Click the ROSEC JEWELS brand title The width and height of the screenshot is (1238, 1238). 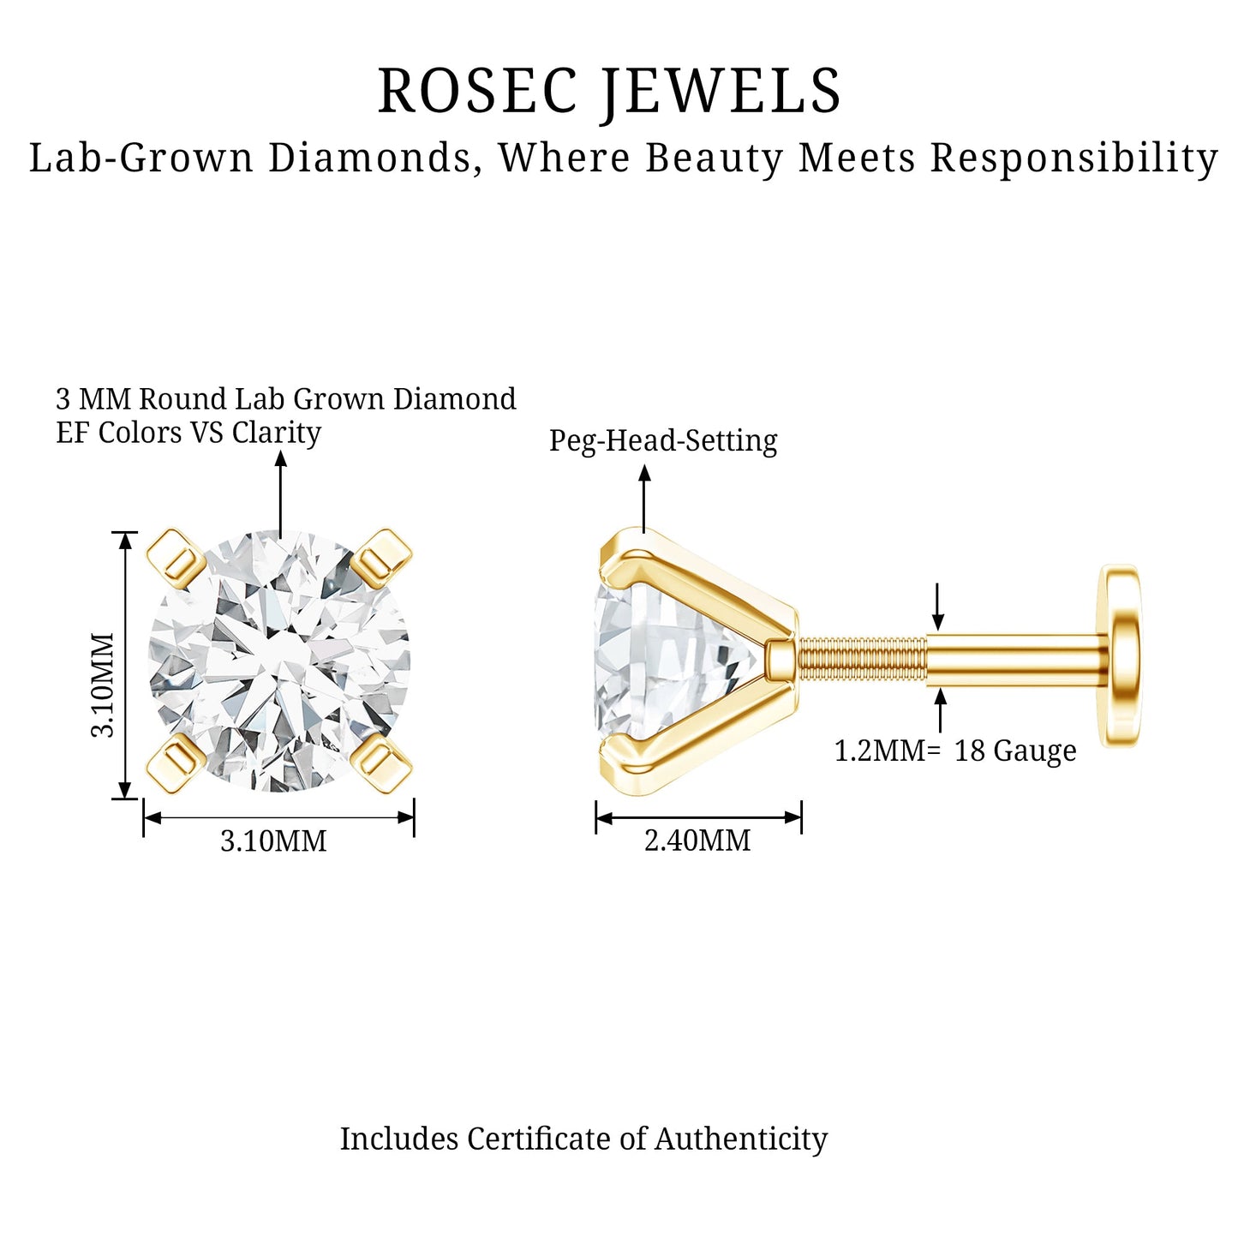point(609,91)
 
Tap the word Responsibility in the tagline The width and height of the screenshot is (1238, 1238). point(1074,158)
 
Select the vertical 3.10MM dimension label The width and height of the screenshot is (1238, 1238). point(103,685)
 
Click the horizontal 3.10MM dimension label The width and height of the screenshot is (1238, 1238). point(273,841)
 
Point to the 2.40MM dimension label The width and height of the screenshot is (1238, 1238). point(697,841)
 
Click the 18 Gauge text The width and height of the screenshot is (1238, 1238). point(1015,751)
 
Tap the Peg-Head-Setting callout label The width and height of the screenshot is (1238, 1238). point(663,441)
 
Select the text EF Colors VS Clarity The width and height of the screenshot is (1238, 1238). point(188,433)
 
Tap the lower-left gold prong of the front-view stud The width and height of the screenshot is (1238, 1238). point(176,764)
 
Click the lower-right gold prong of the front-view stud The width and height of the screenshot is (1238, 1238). point(382,764)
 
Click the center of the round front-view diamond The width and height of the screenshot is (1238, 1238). point(278,661)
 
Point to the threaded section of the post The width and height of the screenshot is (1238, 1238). point(863,661)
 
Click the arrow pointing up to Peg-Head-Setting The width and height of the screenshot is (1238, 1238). point(644,499)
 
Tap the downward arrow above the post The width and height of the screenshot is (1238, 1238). point(938,607)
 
